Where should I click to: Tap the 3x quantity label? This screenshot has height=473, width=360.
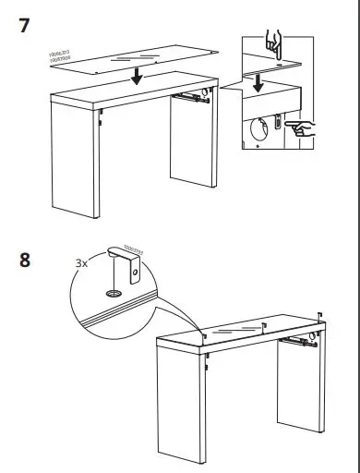81,262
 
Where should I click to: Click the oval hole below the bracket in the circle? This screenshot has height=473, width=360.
114,291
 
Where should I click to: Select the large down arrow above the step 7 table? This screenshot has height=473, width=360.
137,75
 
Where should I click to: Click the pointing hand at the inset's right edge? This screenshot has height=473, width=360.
300,127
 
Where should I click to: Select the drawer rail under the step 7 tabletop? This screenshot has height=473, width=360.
191,94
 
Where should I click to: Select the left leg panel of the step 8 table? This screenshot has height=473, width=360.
181,406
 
